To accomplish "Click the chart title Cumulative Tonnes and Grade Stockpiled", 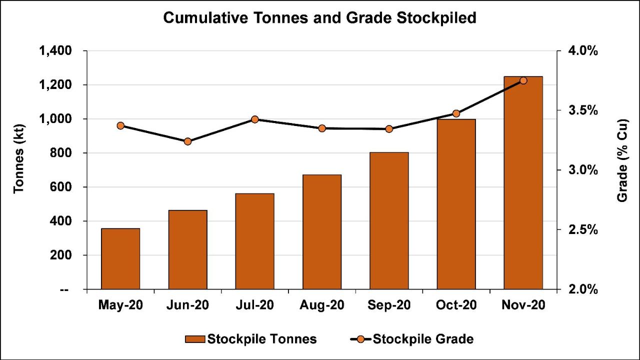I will [319, 18].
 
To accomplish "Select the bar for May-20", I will [120, 258].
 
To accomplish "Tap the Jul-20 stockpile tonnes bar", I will [254, 241].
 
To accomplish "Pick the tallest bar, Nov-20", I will [523, 182].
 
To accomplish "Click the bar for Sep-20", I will [389, 220].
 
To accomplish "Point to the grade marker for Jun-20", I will [187, 141].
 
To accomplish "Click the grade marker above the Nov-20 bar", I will [523, 80].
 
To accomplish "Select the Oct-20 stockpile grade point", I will [456, 113].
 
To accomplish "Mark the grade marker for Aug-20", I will [322, 128].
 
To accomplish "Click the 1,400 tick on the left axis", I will [57, 51].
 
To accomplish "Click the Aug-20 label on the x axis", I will [322, 304].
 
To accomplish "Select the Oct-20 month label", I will [456, 304].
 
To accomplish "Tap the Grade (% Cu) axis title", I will [622, 160].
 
